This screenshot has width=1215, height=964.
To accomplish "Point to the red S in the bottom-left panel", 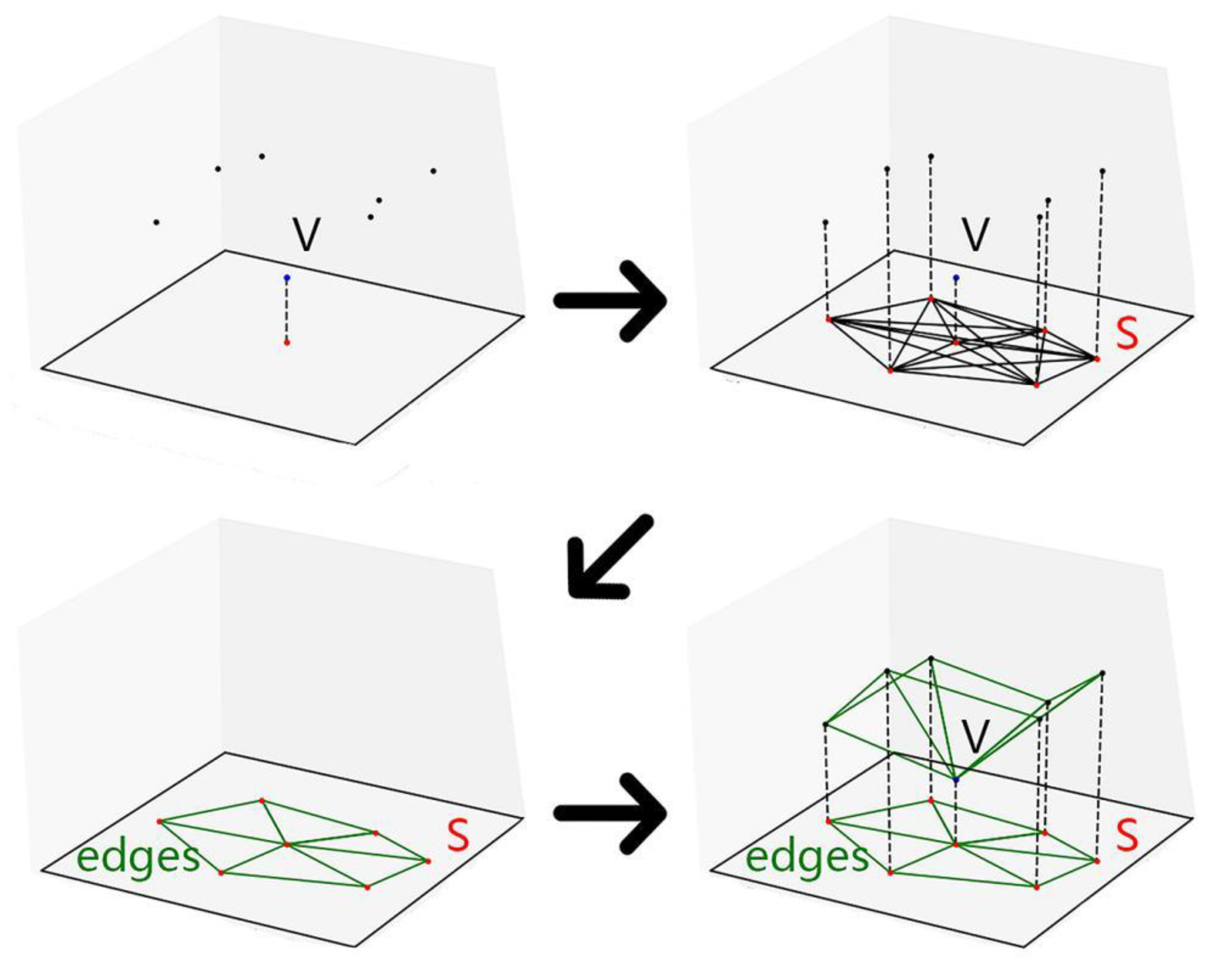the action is pyautogui.click(x=458, y=836).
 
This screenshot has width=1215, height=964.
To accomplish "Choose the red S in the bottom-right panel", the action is pyautogui.click(x=1127, y=836).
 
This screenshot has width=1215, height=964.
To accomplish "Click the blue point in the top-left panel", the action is pyautogui.click(x=287, y=278).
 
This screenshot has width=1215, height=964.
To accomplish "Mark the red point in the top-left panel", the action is pyautogui.click(x=287, y=342).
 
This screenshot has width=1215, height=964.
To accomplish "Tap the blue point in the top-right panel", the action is pyautogui.click(x=956, y=278).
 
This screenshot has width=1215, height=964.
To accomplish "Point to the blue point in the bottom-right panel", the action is pyautogui.click(x=956, y=780).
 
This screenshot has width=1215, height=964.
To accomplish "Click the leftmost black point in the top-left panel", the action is pyautogui.click(x=156, y=223).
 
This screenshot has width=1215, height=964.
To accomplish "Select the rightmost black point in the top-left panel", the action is pyautogui.click(x=433, y=171).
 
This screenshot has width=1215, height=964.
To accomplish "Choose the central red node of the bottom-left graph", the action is pyautogui.click(x=287, y=844).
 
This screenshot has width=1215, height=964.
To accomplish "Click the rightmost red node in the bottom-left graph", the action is pyautogui.click(x=428, y=861).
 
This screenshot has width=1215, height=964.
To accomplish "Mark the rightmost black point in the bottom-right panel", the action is pyautogui.click(x=1102, y=673).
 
